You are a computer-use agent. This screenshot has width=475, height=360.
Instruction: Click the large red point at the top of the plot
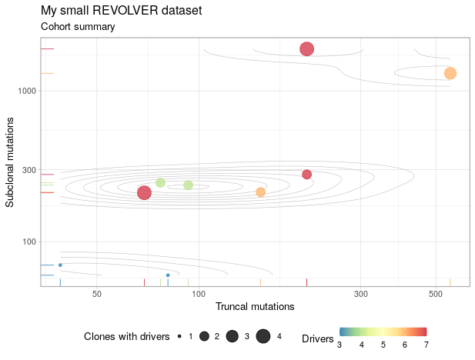coord(306,49)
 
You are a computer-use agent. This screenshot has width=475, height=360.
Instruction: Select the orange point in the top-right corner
coord(450,73)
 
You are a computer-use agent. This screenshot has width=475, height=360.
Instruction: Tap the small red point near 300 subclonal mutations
coord(306,174)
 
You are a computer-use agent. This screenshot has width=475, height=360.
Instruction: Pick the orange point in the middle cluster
coord(260,192)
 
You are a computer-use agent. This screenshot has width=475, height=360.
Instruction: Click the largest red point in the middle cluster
coord(144,192)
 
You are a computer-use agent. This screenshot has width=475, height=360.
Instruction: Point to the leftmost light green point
coord(160,182)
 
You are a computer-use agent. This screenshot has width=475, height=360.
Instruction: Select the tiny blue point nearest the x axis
coord(168,275)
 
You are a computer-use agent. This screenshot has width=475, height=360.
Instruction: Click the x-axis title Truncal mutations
coord(255,306)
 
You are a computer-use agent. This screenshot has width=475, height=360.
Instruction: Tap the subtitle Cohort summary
coord(78,27)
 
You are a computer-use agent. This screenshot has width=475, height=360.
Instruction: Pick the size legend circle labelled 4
coord(263,336)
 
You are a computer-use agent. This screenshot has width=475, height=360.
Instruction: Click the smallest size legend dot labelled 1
coord(179,336)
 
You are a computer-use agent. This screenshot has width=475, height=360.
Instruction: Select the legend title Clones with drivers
coord(126,336)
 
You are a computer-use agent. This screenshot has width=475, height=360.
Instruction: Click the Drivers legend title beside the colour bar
coord(318,338)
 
